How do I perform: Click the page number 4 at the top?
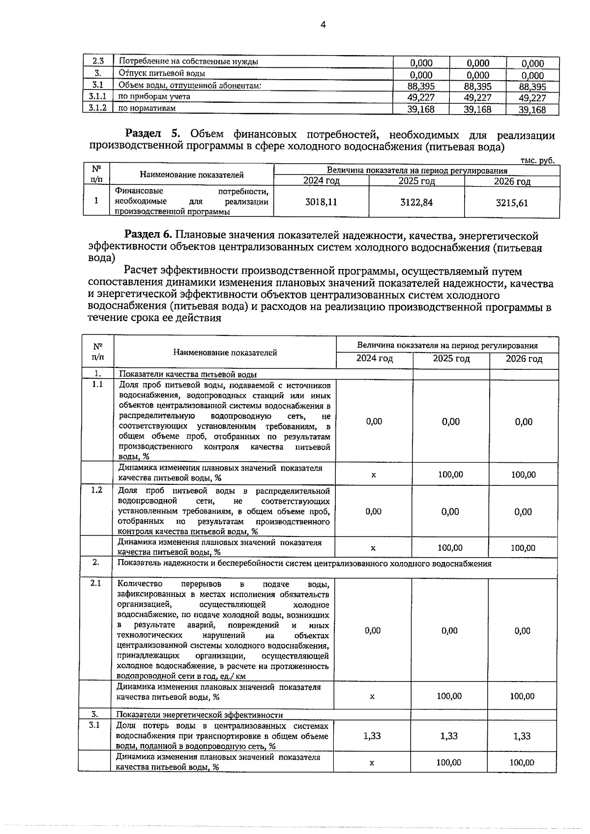[323, 25]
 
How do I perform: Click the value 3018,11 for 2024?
[321, 202]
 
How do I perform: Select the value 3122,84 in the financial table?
[416, 202]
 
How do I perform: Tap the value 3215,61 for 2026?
[512, 203]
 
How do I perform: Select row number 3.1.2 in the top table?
[97, 108]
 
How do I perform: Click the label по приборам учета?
[154, 96]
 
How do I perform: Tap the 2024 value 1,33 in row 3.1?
[372, 736]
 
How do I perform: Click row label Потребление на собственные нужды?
[189, 61]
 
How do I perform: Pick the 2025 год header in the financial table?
[416, 181]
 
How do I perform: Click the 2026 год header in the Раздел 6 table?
[524, 358]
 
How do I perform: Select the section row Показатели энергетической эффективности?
[199, 715]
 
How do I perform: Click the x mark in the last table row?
[372, 763]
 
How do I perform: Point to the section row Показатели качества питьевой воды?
[188, 374]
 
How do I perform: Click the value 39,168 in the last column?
[532, 110]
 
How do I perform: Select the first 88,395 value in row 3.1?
[421, 87]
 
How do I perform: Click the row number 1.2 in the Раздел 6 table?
[96, 490]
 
